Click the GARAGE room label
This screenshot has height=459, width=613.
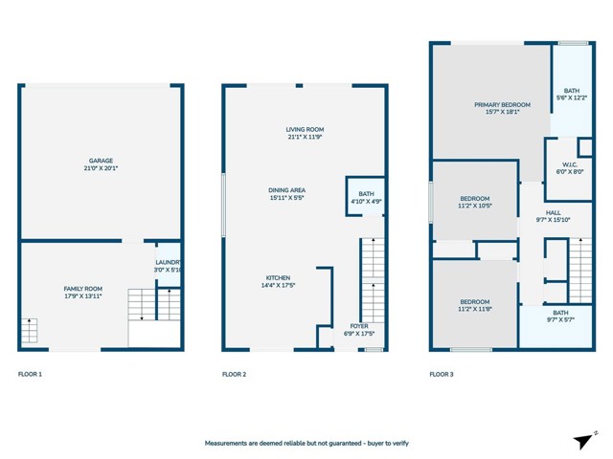pos(101,161)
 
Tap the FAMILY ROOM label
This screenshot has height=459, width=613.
pos(83,289)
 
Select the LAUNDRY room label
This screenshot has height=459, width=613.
pos(169,262)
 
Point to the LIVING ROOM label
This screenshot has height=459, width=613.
pos(305,130)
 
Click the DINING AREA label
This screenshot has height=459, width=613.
pos(287,190)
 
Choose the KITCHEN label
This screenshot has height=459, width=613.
pos(278,278)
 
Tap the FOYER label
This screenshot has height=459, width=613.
pos(359,326)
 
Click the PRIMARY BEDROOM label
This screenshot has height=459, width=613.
pos(502,104)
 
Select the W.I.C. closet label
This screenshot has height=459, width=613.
pos(570,164)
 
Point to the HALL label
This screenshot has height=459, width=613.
pos(554,212)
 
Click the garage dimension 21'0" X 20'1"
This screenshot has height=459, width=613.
pos(101,168)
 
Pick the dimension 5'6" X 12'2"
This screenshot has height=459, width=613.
pos(572,98)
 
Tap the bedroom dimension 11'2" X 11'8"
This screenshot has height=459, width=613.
pos(475,309)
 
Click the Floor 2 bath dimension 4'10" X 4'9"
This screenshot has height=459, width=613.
pos(366,202)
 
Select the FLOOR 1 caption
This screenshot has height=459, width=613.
pos(30,374)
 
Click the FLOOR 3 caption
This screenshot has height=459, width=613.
pos(442,374)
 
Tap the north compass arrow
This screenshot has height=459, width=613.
pos(583,442)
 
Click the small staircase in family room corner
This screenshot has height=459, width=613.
pos(29,331)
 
